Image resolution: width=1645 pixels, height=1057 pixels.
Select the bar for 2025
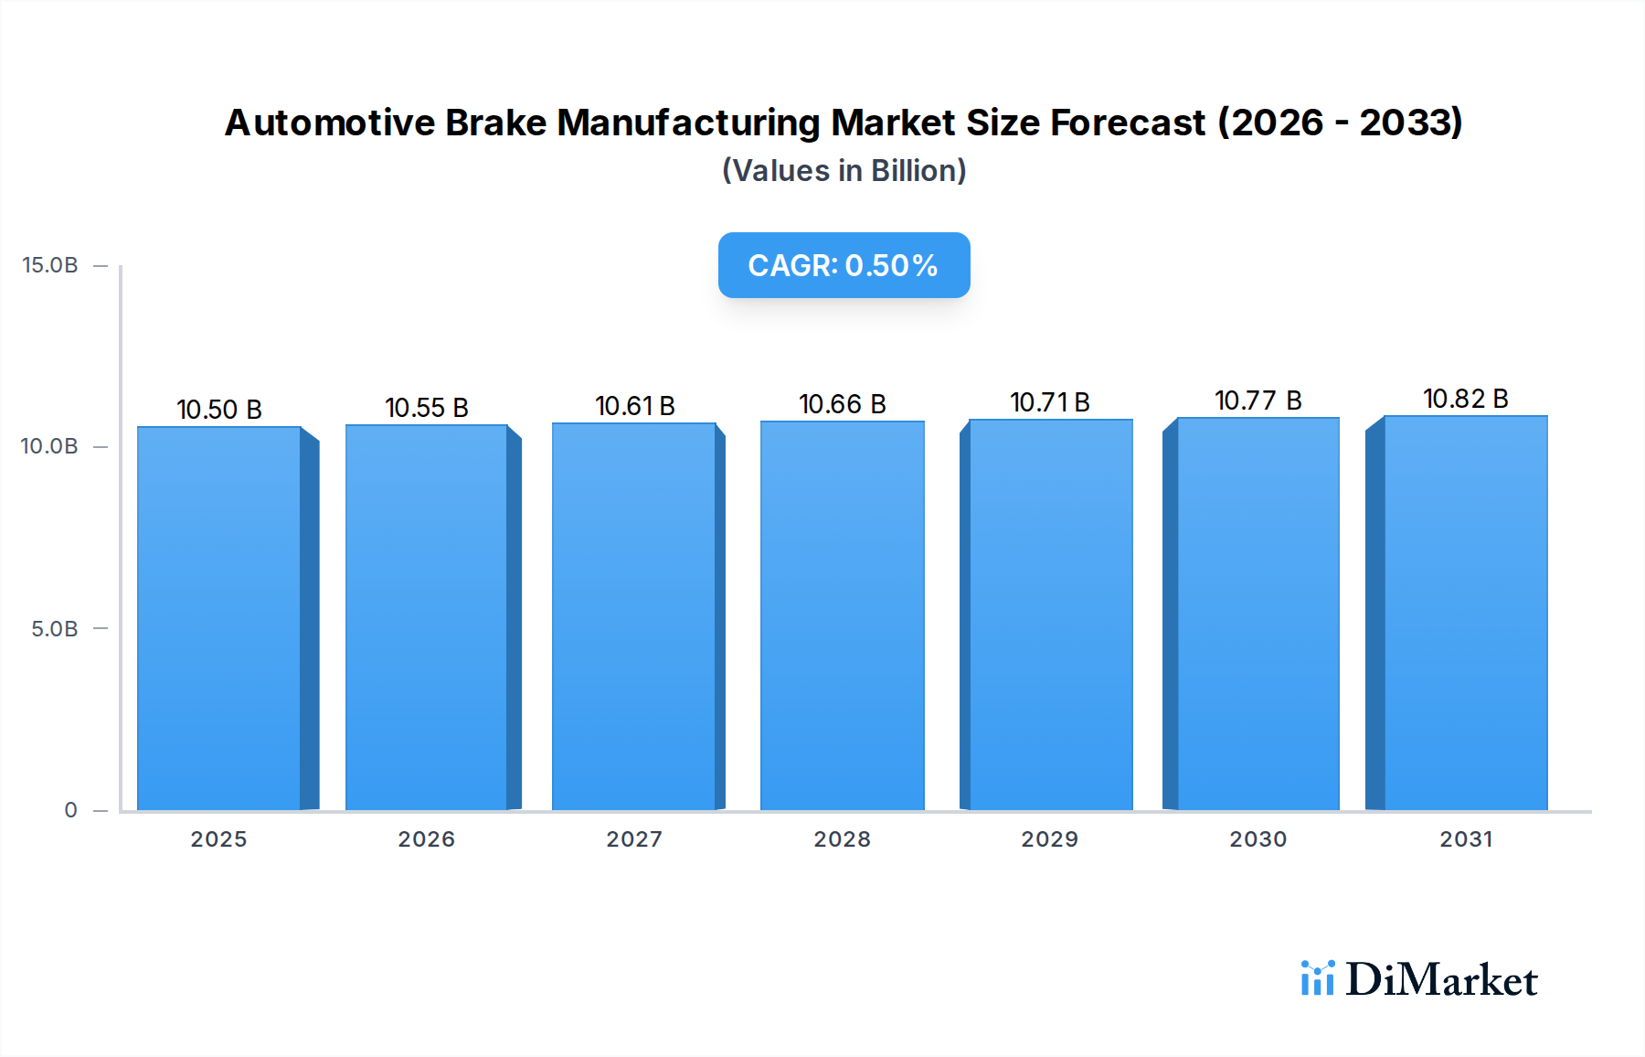219,618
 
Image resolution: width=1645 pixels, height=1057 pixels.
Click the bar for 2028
842,615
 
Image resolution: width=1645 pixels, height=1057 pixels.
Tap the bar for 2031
1466,613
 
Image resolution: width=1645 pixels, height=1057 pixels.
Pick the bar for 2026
427,617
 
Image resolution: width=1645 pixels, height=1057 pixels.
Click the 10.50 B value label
219,410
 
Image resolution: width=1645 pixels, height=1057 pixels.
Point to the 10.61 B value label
634,406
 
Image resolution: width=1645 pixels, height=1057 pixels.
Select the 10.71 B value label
1049,402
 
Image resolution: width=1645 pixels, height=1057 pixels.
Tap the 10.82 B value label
1465,399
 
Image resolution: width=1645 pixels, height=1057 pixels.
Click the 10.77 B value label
1258,400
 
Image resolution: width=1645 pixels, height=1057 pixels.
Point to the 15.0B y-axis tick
50,265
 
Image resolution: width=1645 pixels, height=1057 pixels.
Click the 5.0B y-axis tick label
54,629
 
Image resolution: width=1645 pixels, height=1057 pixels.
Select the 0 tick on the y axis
70,810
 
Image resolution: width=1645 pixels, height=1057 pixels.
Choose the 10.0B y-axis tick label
49,446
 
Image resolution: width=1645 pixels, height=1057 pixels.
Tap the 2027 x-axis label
634,839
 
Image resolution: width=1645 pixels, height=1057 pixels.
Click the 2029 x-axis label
1049,839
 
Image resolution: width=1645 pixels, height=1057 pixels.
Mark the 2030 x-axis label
1258,839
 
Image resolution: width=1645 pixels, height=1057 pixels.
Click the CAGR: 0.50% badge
844,265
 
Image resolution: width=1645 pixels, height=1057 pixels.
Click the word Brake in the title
495,123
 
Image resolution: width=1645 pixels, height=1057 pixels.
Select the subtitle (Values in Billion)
844,171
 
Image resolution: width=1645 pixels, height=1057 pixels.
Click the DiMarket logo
1419,979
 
